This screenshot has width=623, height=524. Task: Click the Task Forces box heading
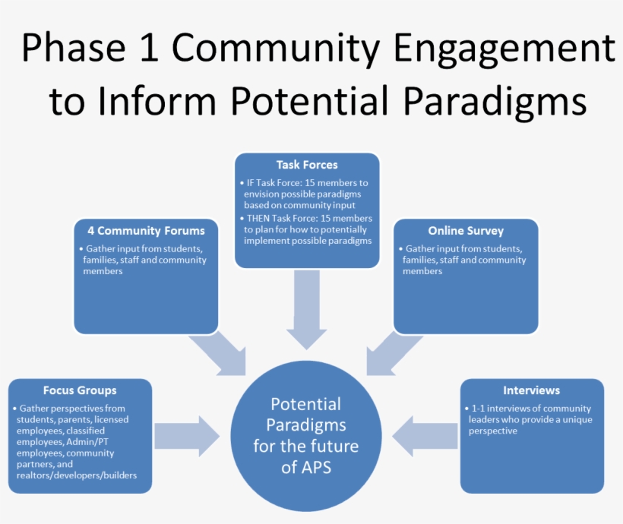[x=307, y=165]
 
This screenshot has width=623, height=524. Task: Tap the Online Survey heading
[x=466, y=231]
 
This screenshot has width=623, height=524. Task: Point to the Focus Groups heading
[x=80, y=390]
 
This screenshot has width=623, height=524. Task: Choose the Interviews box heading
[x=531, y=390]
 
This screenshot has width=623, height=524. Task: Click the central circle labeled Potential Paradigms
[x=305, y=436]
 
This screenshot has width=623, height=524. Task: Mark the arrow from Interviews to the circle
[x=426, y=436]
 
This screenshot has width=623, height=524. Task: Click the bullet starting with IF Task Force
[x=308, y=194]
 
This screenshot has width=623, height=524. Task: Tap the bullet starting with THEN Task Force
[x=308, y=229]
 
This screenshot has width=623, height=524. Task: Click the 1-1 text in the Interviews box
[x=477, y=409]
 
